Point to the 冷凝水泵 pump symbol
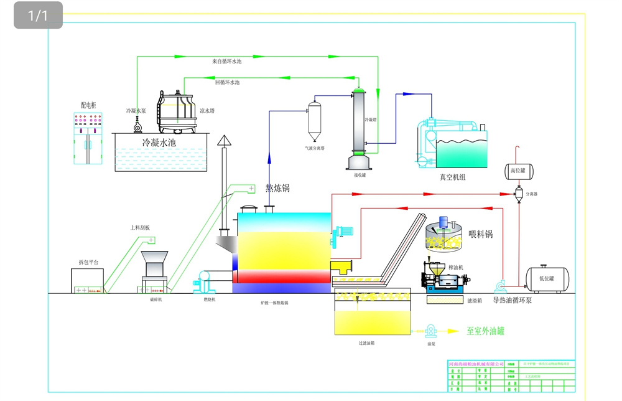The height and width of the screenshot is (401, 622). pyautogui.click(x=137, y=126)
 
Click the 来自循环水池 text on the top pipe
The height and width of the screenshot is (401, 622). pyautogui.click(x=226, y=62)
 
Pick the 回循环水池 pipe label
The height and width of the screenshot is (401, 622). pyautogui.click(x=227, y=82)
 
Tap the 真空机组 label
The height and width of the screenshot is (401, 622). pyautogui.click(x=452, y=177)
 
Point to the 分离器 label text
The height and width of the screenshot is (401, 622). pyautogui.click(x=532, y=194)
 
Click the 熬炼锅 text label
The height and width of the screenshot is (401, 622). pyautogui.click(x=277, y=188)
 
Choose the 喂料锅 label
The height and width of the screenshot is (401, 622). pyautogui.click(x=480, y=234)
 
